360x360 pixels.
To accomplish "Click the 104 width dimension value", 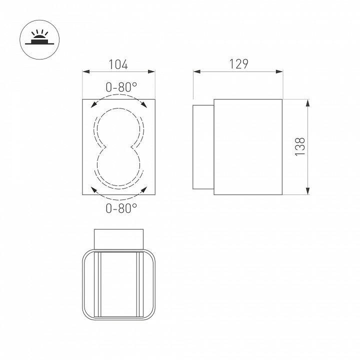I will (x=118, y=64).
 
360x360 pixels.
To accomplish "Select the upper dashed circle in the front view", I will (x=119, y=127).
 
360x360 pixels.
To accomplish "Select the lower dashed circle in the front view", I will (x=119, y=167).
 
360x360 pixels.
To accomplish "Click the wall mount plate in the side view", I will (x=203, y=146).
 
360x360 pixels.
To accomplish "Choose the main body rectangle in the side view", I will (x=248, y=146).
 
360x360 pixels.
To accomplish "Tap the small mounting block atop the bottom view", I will (x=119, y=238).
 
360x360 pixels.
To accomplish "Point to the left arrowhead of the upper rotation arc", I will (x=93, y=104).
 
